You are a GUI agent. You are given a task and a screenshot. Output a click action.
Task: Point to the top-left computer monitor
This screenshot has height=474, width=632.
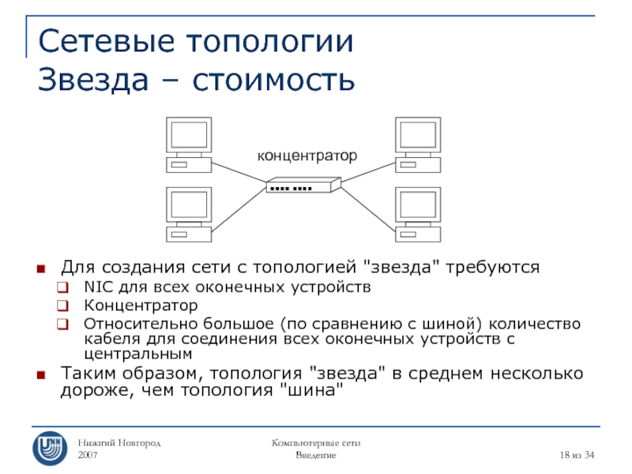point(189,134)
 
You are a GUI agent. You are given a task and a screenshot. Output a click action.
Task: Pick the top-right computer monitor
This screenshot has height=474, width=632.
point(419,134)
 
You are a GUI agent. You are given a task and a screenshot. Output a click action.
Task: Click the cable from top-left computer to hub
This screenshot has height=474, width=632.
point(240,174)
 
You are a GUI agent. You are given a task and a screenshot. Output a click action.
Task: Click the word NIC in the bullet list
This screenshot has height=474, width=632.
point(97,286)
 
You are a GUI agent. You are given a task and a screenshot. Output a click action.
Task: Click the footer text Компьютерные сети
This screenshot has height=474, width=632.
point(316,444)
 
